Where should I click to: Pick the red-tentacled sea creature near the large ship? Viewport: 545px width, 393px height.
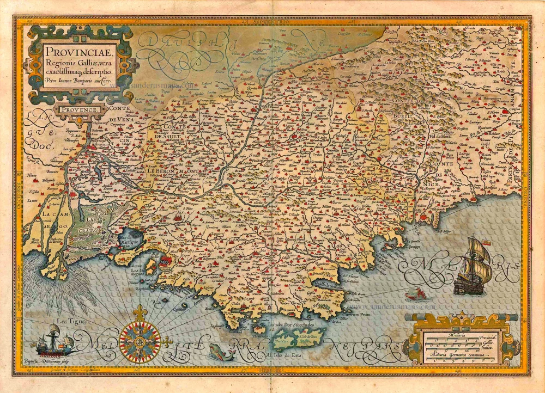pos(415,294)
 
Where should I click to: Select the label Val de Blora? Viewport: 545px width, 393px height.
pos(439,136)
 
